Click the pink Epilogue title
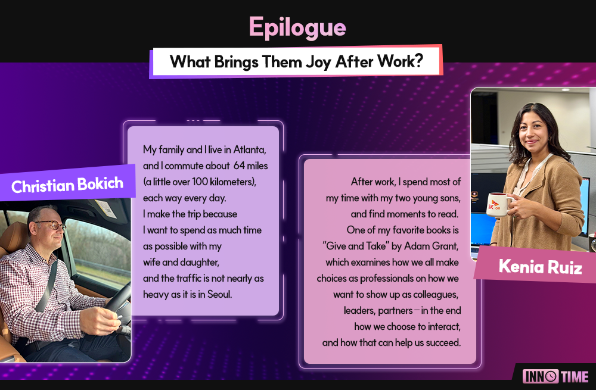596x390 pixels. [297, 28]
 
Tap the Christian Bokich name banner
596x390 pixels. [67, 185]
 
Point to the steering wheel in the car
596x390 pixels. [117, 304]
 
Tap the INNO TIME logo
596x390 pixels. [555, 376]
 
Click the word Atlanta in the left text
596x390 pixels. [249, 149]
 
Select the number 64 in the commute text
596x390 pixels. [239, 166]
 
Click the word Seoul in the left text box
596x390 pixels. [219, 294]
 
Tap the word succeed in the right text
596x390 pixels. [443, 342]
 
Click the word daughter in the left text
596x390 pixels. [200, 263]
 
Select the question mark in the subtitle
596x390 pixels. [419, 61]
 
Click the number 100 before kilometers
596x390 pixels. [200, 182]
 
